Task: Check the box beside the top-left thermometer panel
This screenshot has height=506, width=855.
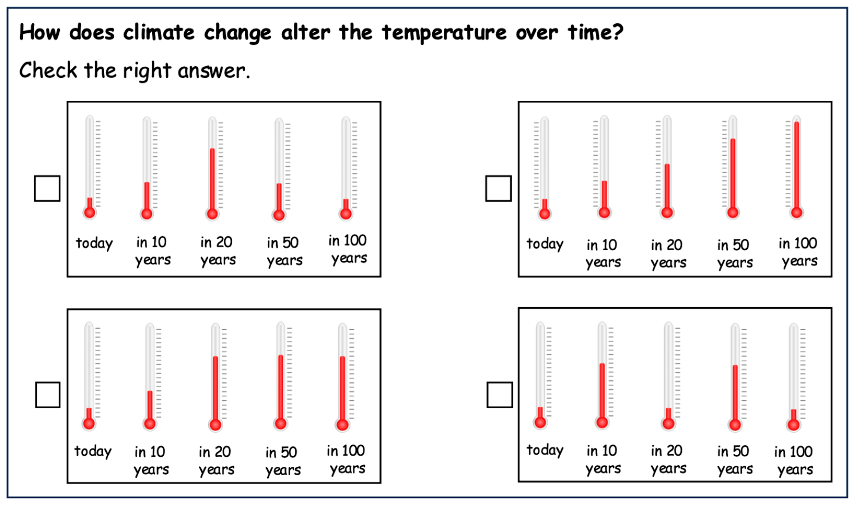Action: pyautogui.click(x=47, y=188)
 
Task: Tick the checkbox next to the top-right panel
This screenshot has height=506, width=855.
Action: pyautogui.click(x=498, y=188)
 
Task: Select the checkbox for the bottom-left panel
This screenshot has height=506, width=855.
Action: pyautogui.click(x=48, y=395)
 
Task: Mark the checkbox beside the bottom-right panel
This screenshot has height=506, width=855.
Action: pyautogui.click(x=500, y=395)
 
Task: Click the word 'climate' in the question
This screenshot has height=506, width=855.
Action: pyautogui.click(x=159, y=33)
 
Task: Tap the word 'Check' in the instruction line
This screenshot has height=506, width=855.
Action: pyautogui.click(x=48, y=70)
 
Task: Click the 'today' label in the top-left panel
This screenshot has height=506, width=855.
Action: pyautogui.click(x=94, y=243)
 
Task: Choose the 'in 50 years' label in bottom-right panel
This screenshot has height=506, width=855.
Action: pyautogui.click(x=735, y=460)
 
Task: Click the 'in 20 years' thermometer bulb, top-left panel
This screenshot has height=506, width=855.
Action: pyautogui.click(x=212, y=214)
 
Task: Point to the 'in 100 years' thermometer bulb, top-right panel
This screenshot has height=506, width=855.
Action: pyautogui.click(x=797, y=212)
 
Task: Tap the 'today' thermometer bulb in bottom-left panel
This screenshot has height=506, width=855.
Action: pyautogui.click(x=89, y=423)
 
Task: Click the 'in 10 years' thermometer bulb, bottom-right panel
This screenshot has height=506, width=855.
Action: pyautogui.click(x=602, y=422)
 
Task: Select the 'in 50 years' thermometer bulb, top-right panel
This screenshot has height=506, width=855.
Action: pyautogui.click(x=733, y=212)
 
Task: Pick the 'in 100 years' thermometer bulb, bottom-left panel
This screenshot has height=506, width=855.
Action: pyautogui.click(x=342, y=425)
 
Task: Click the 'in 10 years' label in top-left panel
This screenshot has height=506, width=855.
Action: pyautogui.click(x=153, y=251)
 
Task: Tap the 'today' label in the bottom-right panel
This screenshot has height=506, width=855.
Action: pyautogui.click(x=545, y=450)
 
